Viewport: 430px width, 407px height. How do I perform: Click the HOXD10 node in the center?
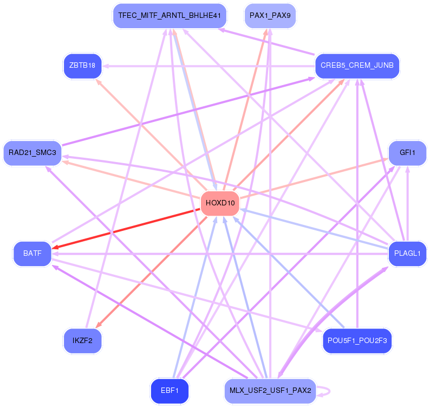point(220,203)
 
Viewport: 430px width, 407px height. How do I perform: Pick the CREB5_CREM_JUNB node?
point(357,66)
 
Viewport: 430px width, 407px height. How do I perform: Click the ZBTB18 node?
point(82,66)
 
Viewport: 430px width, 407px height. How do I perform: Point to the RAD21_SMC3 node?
point(32,153)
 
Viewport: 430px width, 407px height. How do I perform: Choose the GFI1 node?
point(407,153)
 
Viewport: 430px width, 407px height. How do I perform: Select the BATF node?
point(32,254)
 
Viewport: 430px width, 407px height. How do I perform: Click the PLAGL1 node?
point(407,254)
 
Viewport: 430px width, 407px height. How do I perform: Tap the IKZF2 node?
point(82,341)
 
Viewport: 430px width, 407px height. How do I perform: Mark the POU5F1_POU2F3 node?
point(357,341)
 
